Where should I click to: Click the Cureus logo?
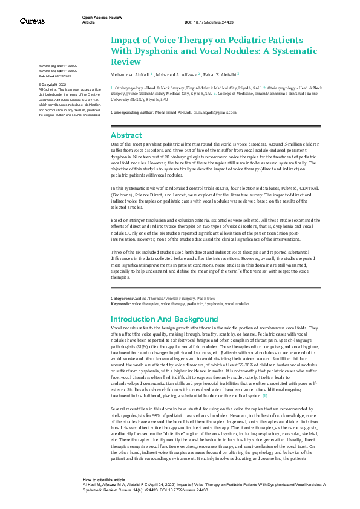[x=31, y=21]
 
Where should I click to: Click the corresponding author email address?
[x=218, y=112]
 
